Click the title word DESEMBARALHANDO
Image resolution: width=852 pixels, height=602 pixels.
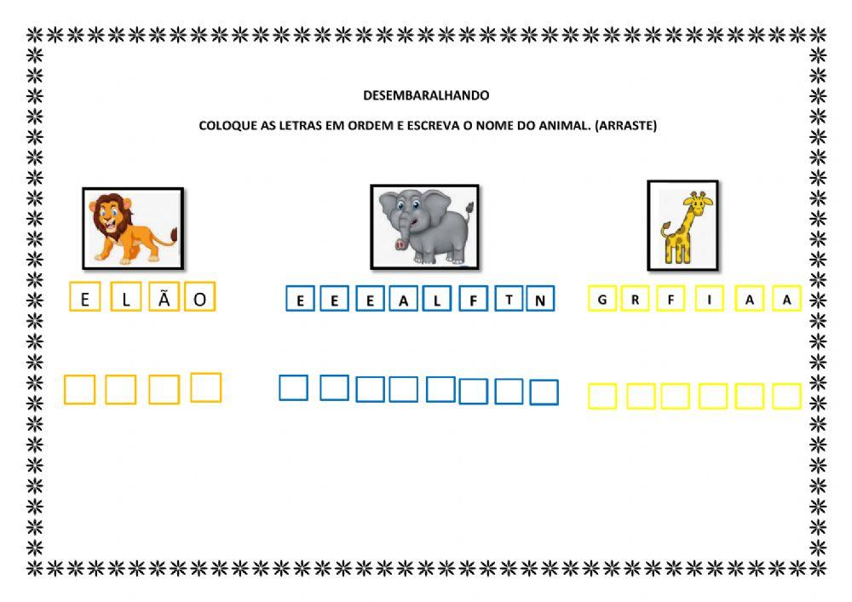tap(426, 95)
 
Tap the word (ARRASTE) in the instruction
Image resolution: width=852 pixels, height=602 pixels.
tap(626, 125)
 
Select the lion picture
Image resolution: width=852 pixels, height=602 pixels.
tap(133, 228)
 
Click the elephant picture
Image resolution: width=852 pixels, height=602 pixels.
tap(424, 226)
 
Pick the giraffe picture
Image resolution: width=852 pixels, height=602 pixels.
tap(683, 226)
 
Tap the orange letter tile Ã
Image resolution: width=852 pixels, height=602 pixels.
tap(164, 296)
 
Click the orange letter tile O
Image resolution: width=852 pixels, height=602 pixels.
tap(200, 296)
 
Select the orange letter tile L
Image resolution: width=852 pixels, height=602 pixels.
tap(126, 296)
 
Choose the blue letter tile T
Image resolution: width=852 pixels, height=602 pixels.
tap(509, 299)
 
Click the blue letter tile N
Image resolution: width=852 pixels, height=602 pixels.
tap(540, 299)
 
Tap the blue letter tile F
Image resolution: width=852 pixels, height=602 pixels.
tap(473, 299)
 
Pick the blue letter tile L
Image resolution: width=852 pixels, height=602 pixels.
tap(436, 299)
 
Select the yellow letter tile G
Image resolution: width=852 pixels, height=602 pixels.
tap(602, 299)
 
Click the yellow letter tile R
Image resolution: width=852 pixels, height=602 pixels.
tap(636, 299)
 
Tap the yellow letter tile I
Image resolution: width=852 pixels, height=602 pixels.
tap(709, 299)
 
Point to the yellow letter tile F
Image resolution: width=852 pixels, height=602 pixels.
tap(671, 299)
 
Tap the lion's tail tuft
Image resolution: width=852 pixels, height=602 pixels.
tap(174, 236)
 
